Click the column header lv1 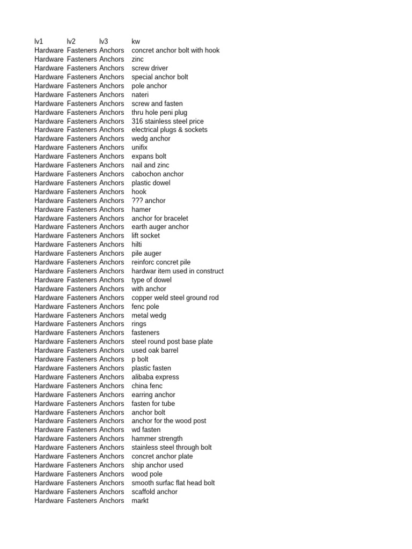[39, 42]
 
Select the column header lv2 [71, 42]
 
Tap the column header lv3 [104, 42]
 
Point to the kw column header [136, 42]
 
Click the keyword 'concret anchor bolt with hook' [175, 50]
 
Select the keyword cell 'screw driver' [150, 68]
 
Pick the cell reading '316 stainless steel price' [167, 121]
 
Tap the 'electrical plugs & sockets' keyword [170, 130]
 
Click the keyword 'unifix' [139, 147]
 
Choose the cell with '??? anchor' [149, 201]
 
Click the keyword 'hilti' [137, 244]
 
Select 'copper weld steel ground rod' [175, 298]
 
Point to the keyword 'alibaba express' [156, 377]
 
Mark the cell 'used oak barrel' [155, 351]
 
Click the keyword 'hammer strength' [157, 439]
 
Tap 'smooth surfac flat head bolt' [173, 483]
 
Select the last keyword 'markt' [140, 501]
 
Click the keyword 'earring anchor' [153, 395]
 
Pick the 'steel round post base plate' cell [172, 342]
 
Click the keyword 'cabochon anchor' [158, 174]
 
